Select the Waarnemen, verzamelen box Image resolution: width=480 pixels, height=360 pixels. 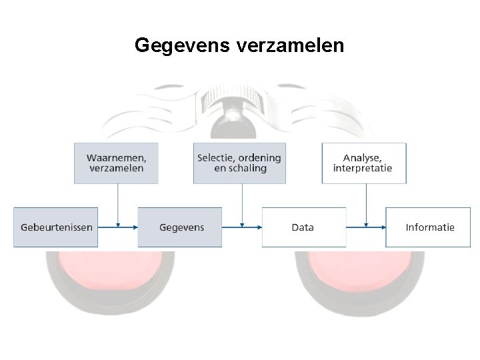[x=116, y=163]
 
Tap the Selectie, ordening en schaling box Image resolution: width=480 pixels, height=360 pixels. [x=239, y=163]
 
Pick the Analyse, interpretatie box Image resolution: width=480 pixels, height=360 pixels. [x=363, y=163]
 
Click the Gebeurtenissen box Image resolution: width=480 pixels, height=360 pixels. [x=56, y=227]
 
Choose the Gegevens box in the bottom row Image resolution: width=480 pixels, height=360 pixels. [x=180, y=227]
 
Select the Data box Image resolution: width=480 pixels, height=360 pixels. [x=303, y=227]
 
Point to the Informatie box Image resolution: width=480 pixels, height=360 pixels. [x=428, y=227]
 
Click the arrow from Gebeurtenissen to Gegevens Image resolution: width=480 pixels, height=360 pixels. [x=117, y=227]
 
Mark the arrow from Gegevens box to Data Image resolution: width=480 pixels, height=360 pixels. [x=241, y=227]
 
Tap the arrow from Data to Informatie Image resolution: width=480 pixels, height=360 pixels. [x=365, y=227]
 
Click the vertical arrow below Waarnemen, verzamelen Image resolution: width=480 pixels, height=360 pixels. [x=118, y=203]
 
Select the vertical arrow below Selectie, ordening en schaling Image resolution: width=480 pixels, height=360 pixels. [x=242, y=203]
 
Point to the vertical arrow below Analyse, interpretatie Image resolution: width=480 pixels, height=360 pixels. [x=366, y=203]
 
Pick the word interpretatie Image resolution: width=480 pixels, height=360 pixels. [x=363, y=169]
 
